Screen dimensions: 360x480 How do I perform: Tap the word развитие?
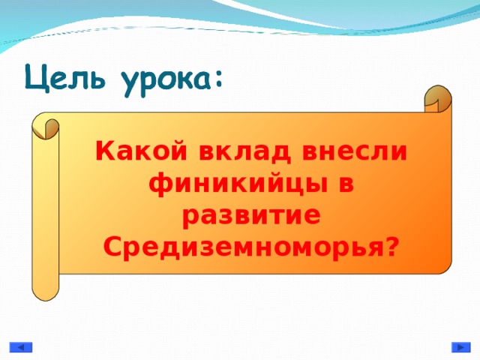pos(252,214)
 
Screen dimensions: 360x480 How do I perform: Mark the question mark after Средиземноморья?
pos(391,245)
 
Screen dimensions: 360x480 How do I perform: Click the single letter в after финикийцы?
pos(344,184)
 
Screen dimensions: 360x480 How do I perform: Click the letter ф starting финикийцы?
pos(159,184)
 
